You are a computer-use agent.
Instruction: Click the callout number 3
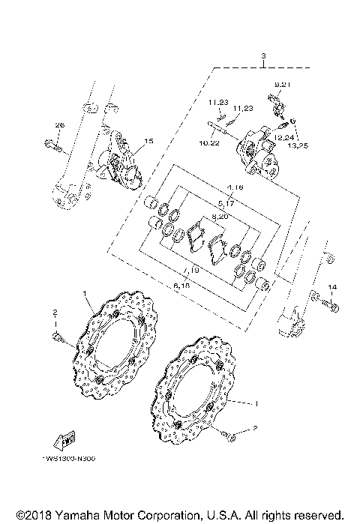[264, 56]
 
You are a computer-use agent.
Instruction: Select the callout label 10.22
[209, 142]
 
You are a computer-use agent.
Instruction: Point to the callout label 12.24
[283, 137]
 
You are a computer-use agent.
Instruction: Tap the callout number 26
[61, 124]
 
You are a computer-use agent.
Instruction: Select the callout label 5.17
[226, 203]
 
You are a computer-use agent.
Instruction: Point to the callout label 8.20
[220, 215]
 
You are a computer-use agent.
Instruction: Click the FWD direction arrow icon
[65, 442]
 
